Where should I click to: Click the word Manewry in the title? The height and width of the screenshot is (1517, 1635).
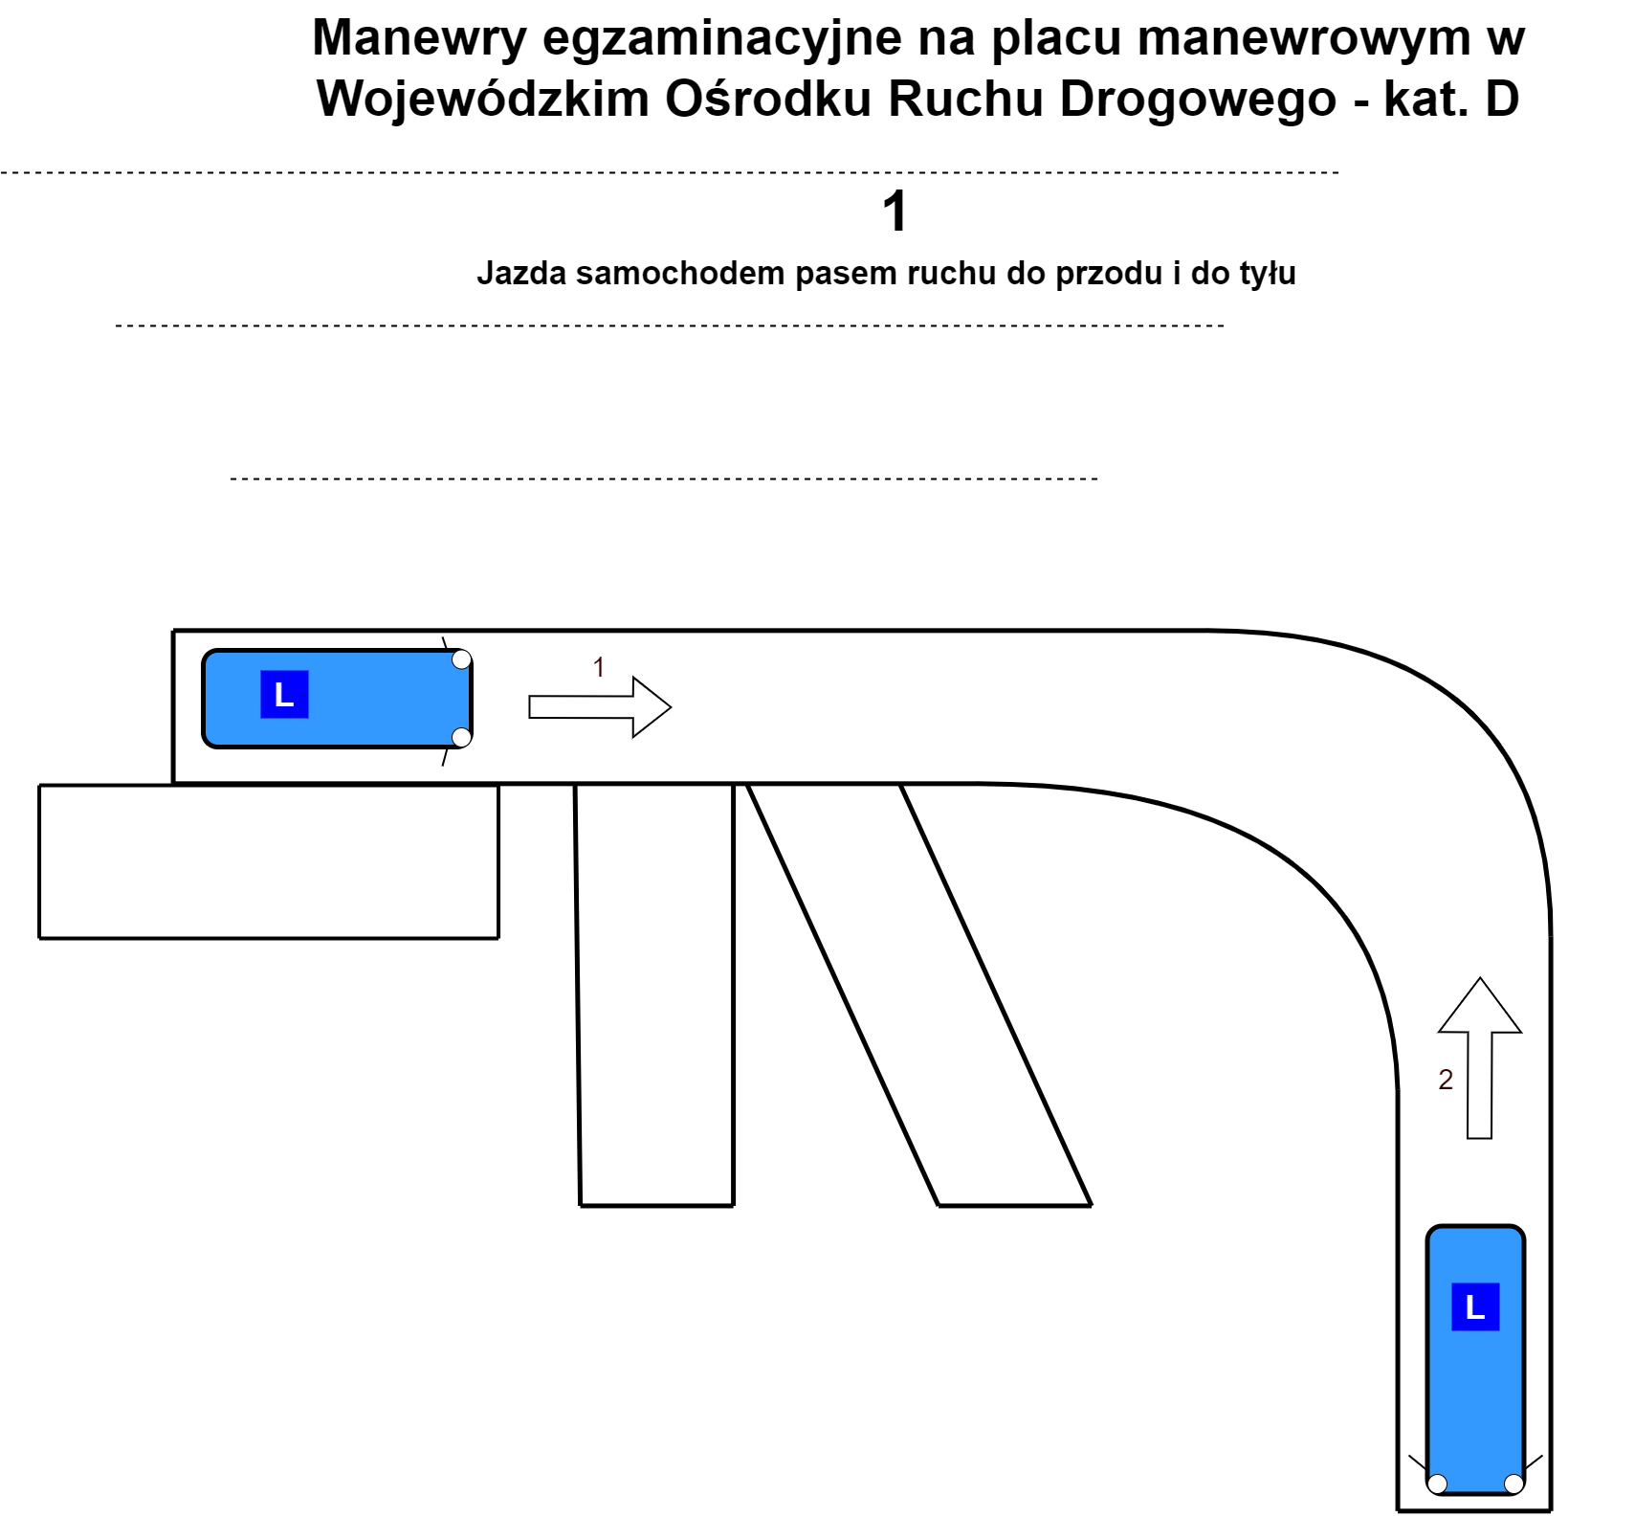[420, 39]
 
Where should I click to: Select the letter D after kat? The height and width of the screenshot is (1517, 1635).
[1502, 98]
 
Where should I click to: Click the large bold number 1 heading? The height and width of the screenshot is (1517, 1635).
[895, 212]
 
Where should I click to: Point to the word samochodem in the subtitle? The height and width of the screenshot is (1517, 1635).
[679, 274]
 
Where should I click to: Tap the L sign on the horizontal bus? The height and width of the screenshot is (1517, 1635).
[284, 694]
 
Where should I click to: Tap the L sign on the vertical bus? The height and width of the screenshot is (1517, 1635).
[1475, 1306]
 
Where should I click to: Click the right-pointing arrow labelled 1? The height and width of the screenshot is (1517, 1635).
[600, 707]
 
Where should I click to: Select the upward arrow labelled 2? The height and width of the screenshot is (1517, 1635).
[1480, 1058]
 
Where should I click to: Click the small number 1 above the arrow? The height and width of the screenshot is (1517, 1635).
[599, 667]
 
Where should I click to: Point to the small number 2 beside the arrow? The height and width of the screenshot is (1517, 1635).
[1446, 1080]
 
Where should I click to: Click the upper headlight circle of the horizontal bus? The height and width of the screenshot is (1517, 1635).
[461, 659]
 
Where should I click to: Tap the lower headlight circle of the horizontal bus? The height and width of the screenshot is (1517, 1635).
[461, 737]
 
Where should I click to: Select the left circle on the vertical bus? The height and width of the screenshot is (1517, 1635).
[1437, 1484]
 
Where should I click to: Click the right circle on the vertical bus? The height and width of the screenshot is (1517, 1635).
[1513, 1484]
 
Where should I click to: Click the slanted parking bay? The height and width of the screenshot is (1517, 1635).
[919, 995]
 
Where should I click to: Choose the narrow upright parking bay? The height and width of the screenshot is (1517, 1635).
[655, 995]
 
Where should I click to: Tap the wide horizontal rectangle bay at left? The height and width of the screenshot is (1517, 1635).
[269, 861]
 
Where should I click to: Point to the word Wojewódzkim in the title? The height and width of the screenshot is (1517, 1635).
[483, 98]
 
